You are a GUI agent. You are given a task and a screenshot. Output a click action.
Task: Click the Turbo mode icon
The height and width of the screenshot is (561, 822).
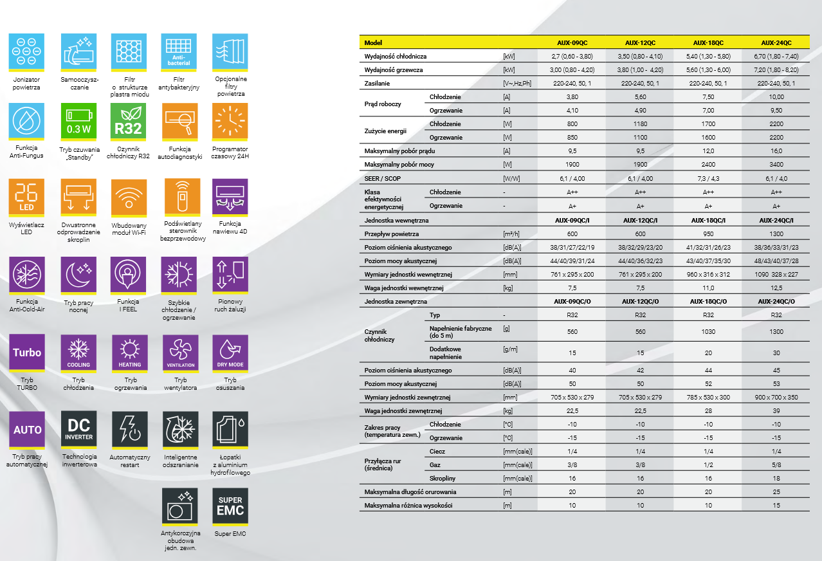27,352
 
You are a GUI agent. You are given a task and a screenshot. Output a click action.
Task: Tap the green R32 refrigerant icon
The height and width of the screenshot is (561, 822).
128,121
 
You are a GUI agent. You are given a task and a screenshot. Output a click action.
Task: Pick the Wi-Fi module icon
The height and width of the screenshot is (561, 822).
129,197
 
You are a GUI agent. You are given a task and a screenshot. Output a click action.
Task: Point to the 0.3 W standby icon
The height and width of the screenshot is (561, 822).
78,121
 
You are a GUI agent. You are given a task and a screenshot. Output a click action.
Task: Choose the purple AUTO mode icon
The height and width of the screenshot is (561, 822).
27,429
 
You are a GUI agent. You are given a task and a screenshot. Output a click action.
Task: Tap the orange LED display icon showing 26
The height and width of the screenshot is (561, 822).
27,197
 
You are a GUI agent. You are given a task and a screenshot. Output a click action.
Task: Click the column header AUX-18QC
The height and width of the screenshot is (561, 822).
708,42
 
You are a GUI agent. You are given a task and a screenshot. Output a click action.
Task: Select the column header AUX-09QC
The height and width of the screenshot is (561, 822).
572,42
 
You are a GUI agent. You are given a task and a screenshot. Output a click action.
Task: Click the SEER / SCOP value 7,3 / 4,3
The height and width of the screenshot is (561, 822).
708,178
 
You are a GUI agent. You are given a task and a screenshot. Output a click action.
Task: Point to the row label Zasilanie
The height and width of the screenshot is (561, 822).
377,84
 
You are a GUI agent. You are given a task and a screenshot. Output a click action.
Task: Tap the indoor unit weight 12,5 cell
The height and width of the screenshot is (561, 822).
776,288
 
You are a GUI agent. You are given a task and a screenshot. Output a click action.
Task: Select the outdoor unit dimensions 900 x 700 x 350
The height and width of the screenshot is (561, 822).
776,398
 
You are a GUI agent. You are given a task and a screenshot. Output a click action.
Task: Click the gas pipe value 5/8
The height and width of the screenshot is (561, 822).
776,464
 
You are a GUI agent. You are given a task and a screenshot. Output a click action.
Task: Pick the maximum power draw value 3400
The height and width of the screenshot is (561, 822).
776,165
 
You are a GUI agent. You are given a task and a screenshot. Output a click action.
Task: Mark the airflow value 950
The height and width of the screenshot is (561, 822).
708,234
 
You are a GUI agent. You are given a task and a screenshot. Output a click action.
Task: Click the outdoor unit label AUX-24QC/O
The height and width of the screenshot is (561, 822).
776,302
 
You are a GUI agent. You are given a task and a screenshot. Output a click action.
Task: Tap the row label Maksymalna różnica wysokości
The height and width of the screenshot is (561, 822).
408,506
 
